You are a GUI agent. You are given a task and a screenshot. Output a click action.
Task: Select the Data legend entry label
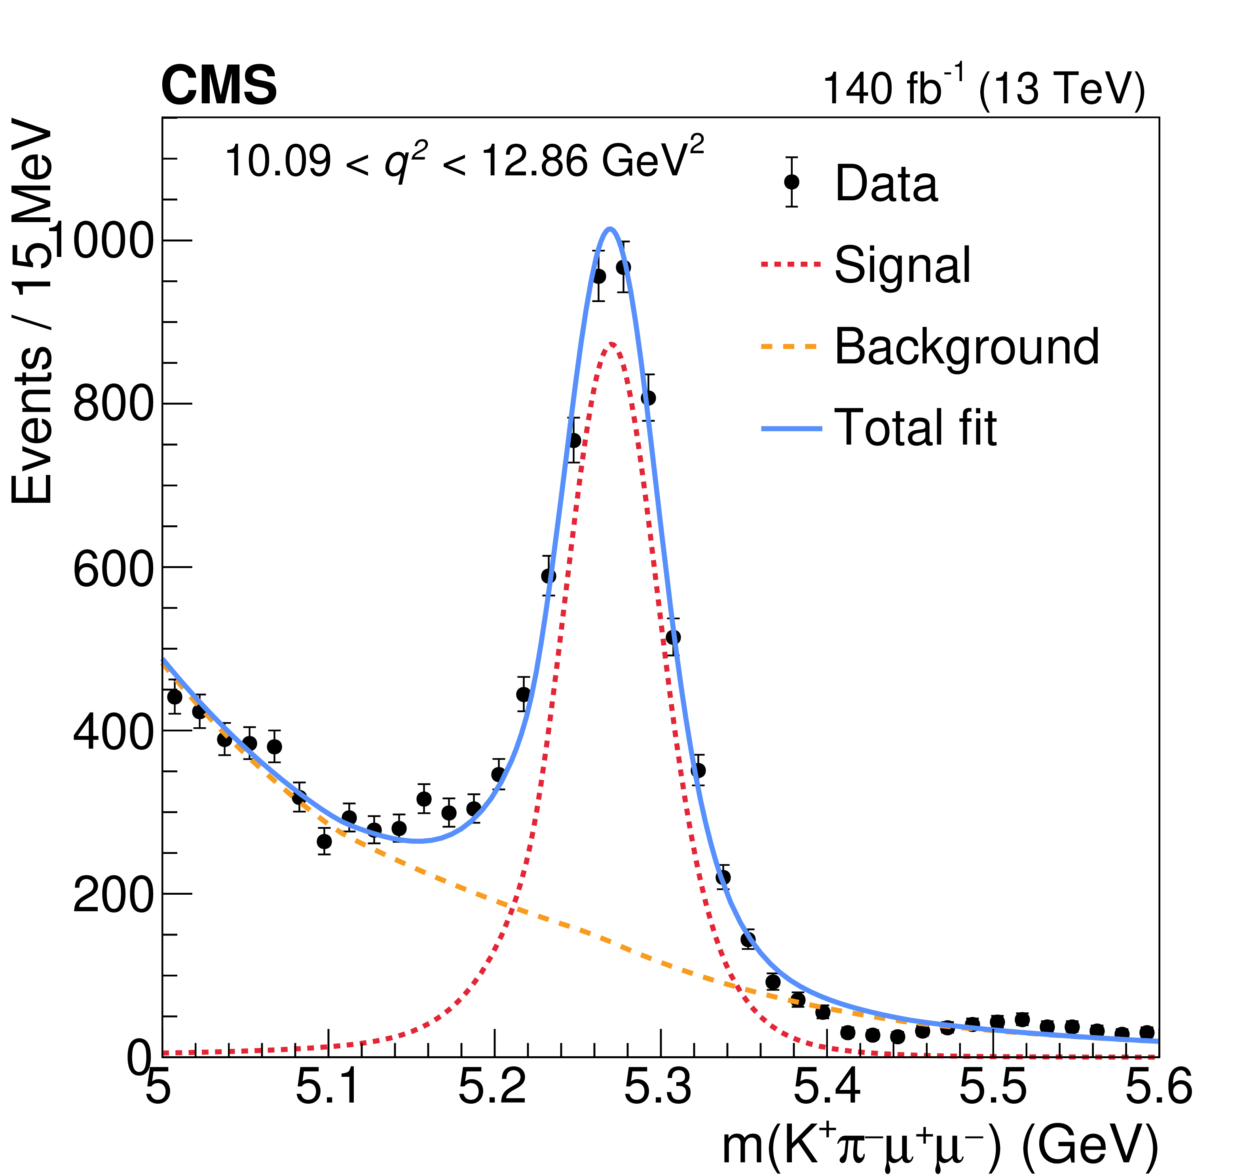tap(886, 183)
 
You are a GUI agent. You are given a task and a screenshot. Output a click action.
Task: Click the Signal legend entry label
tap(902, 265)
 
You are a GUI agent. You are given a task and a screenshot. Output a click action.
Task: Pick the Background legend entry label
tap(966, 346)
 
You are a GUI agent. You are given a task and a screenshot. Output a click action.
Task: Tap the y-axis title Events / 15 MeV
tap(32, 314)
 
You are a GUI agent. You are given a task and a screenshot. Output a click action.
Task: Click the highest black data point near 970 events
tap(623, 267)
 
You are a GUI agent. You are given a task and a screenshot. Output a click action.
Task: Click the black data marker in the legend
tap(791, 182)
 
